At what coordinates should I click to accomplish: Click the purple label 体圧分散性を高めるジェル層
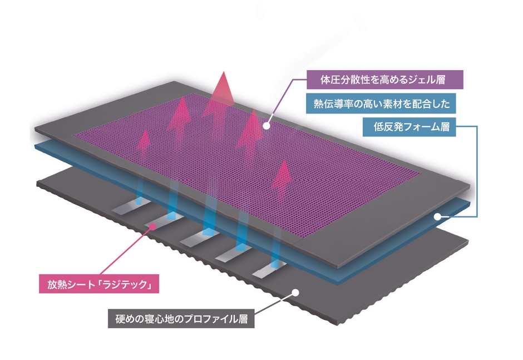385,80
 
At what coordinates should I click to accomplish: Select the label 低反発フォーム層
409,127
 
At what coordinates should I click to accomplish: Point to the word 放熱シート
71,284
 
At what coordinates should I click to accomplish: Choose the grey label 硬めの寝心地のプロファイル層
181,319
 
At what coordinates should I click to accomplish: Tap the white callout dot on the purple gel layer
266,126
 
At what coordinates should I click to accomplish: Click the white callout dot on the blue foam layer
437,217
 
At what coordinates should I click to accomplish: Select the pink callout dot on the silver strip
153,227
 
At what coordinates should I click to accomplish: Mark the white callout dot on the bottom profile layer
295,293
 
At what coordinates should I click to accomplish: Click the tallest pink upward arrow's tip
224,72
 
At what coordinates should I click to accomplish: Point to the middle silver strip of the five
199,237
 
